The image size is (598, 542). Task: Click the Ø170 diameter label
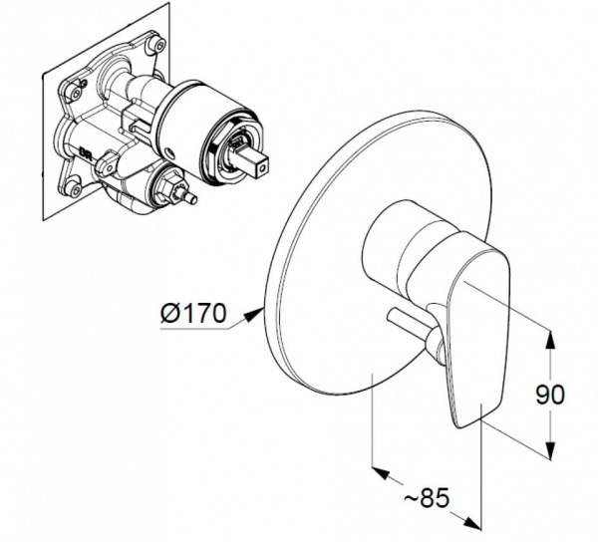click(193, 313)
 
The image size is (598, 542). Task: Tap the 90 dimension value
click(549, 395)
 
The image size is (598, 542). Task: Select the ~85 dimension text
click(427, 498)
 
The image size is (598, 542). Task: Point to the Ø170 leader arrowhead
click(254, 315)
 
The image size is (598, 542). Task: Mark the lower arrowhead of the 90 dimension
click(549, 449)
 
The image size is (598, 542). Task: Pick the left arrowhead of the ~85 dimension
click(382, 472)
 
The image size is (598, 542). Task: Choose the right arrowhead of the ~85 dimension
click(471, 522)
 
